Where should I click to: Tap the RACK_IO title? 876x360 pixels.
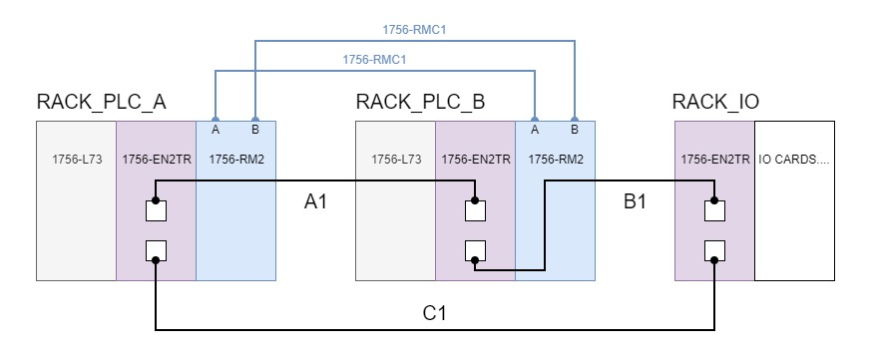coord(715,102)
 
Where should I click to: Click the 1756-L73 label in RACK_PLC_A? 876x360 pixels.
coord(76,158)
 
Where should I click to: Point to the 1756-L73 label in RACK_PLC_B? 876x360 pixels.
coord(395,158)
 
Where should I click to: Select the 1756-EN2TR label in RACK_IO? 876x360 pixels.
coord(713,158)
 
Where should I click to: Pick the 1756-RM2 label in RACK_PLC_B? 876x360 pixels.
coord(554,158)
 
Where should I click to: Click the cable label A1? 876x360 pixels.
coord(316,202)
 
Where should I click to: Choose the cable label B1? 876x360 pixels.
coord(635,202)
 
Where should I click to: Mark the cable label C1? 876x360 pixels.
coord(435,312)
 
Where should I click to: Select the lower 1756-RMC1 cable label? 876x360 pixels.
coord(375,60)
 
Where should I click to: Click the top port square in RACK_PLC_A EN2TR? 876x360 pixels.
coord(156,210)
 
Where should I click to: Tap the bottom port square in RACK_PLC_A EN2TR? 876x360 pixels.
coord(156,250)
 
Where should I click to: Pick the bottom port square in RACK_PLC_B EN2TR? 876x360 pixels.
coord(475,250)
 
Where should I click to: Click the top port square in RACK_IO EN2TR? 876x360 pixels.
coord(714,210)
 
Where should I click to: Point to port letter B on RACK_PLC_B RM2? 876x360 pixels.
coord(574,129)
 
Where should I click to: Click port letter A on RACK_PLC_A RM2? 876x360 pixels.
coord(216,129)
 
